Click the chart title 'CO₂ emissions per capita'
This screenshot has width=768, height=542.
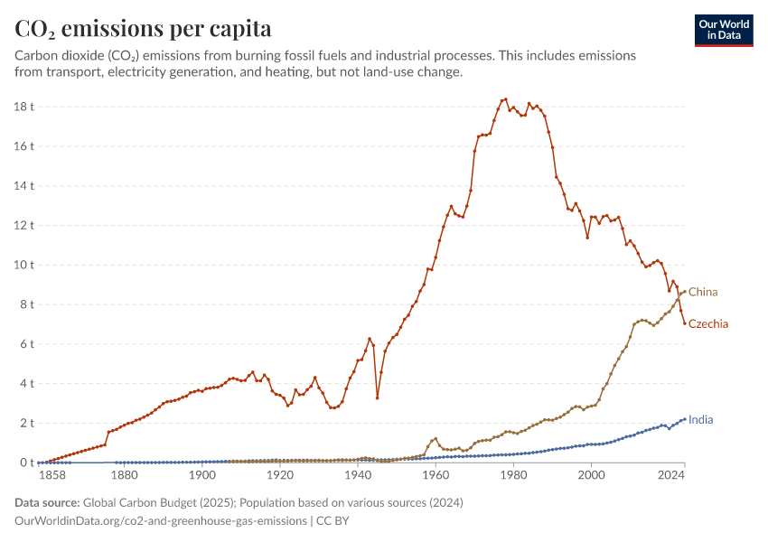coord(143,29)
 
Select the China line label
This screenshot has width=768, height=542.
coord(703,292)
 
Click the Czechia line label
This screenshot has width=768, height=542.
coord(708,323)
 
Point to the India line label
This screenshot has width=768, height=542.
coord(700,420)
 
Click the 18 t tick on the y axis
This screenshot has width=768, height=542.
coord(25,107)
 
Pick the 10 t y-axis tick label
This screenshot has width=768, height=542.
coord(25,265)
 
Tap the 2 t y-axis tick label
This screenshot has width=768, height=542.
coord(27,423)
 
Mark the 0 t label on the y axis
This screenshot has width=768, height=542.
coord(27,463)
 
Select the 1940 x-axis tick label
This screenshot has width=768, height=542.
coord(358,474)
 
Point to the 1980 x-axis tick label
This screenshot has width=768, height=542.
coord(513,474)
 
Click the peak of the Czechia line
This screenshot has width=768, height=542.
coord(505,99)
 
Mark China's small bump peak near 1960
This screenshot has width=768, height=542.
coord(436,439)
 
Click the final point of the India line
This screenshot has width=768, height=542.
coord(685,418)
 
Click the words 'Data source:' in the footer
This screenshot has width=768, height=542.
coord(47,502)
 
